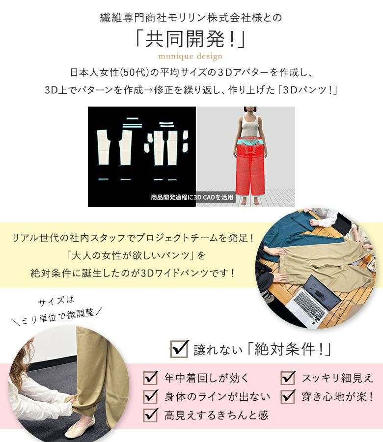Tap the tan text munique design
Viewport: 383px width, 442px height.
(191, 56)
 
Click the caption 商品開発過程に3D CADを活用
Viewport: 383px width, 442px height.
(192, 197)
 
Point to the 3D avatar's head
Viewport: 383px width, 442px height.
(250, 111)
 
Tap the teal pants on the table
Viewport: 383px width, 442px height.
(293, 231)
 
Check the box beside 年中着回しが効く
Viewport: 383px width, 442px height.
(150, 378)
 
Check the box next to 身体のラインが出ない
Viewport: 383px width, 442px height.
(150, 396)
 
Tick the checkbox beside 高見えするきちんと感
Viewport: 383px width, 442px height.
(150, 415)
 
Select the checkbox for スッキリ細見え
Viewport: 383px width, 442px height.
(288, 378)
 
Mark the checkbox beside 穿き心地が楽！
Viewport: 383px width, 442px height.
(288, 396)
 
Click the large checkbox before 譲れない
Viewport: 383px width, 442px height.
(179, 349)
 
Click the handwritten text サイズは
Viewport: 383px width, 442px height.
(56, 301)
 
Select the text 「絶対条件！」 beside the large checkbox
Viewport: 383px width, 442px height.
(289, 350)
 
